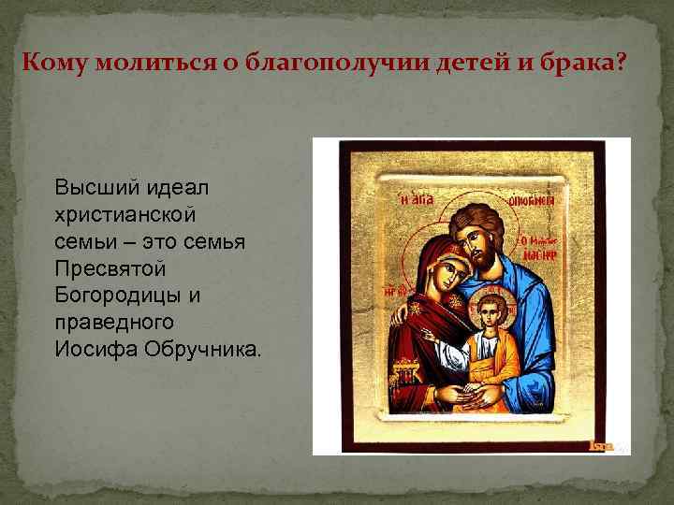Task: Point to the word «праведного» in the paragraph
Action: coord(114,323)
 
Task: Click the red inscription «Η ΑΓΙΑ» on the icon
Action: coord(415,197)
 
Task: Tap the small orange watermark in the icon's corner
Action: coord(600,446)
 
